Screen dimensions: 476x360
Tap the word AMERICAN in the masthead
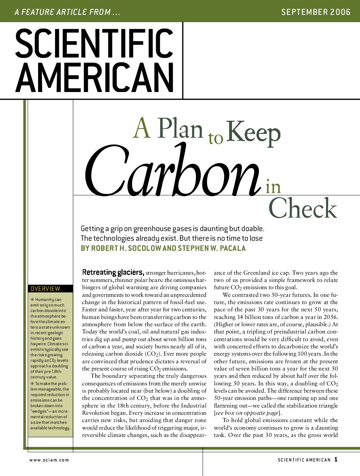point(94,77)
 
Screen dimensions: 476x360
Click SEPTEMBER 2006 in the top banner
point(316,12)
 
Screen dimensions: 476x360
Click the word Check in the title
point(303,209)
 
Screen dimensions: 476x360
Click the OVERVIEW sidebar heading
point(45,289)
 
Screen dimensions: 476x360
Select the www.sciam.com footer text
point(49,460)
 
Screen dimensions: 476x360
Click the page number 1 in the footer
point(336,459)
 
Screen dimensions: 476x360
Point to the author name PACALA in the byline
point(233,248)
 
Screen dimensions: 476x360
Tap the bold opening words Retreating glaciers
point(113,272)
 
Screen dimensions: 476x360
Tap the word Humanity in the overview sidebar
point(44,300)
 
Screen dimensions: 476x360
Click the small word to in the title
point(216,138)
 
